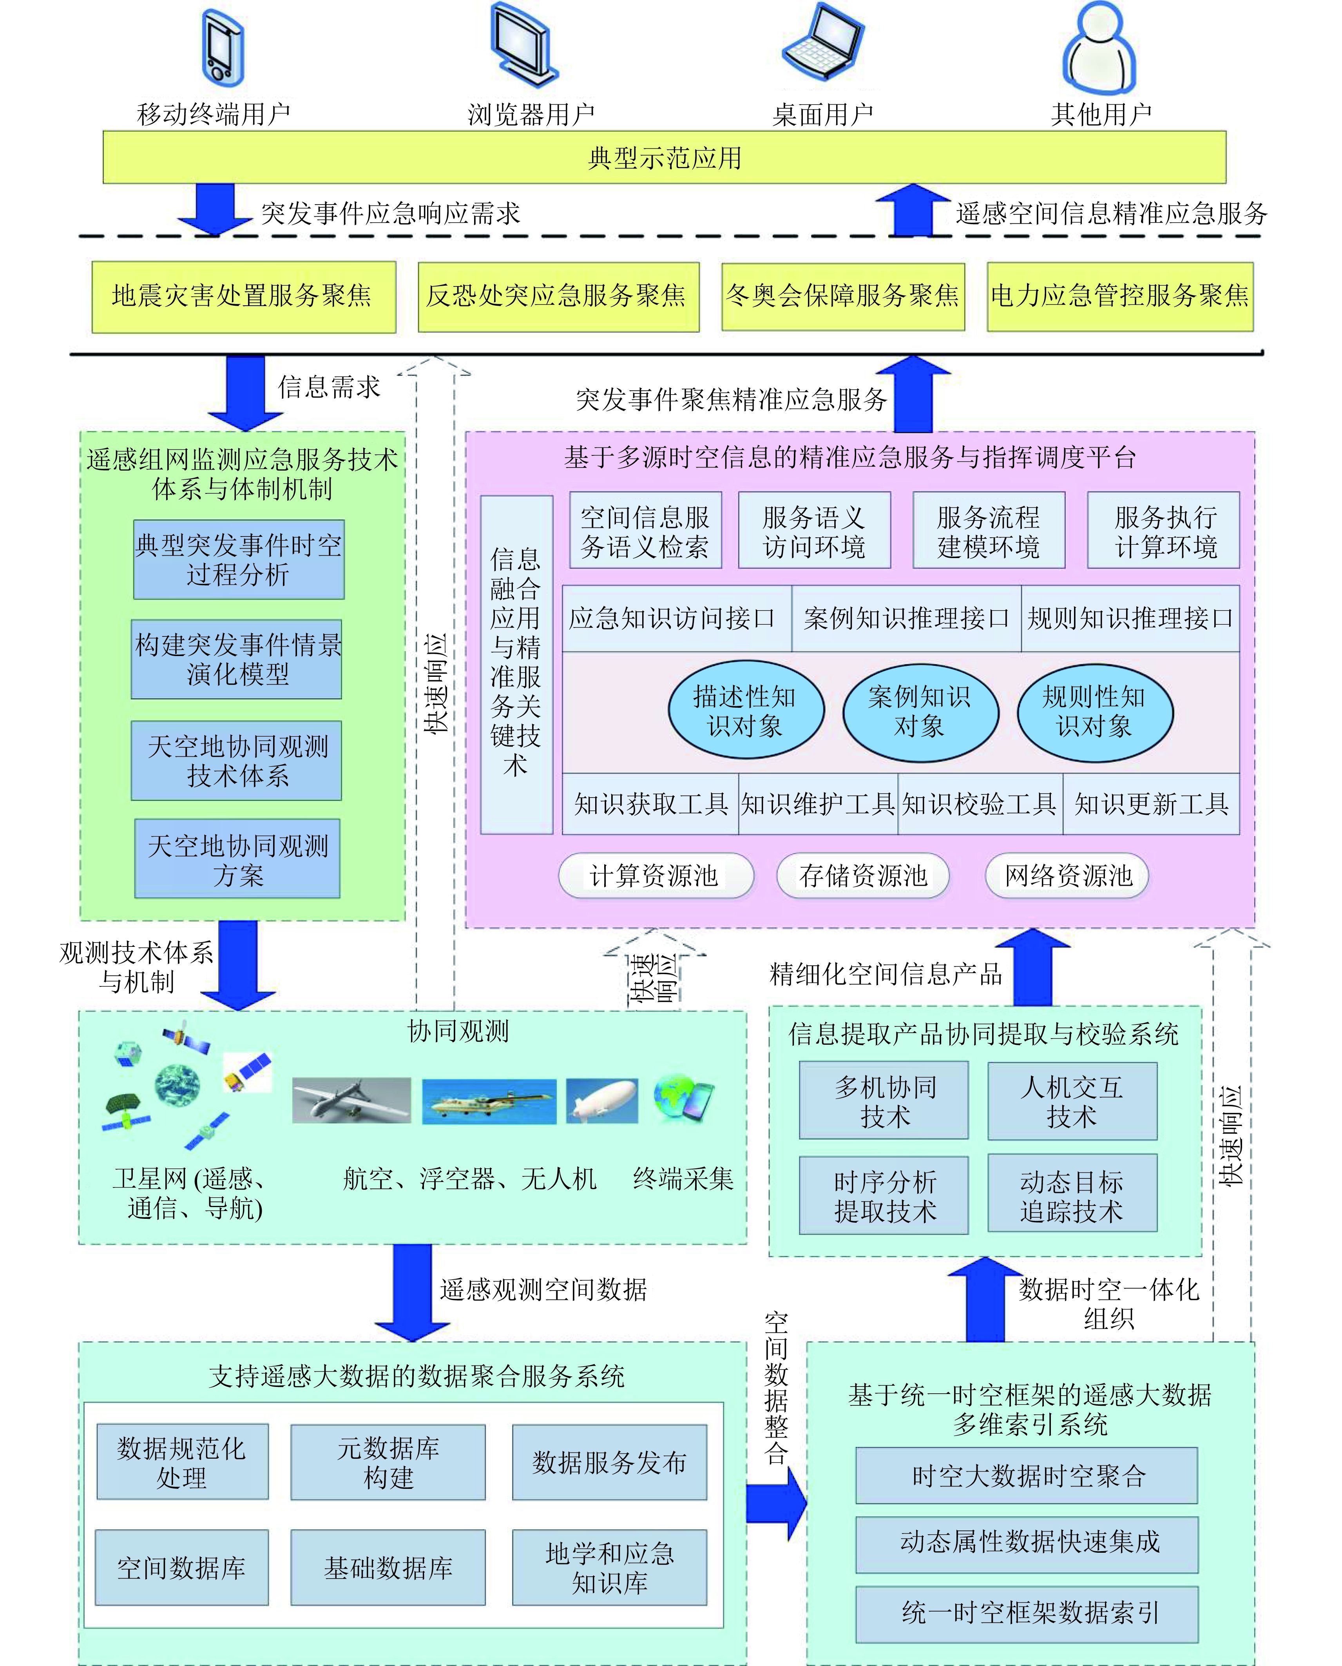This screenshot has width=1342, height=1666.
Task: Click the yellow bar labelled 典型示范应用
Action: pos(664,158)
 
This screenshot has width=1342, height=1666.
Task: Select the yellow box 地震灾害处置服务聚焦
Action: pos(243,297)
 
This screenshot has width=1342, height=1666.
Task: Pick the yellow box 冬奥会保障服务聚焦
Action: pos(842,297)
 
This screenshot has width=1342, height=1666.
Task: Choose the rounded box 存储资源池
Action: pos(863,876)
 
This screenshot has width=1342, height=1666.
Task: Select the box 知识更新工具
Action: pos(1151,805)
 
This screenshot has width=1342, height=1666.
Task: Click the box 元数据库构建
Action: pos(388,1462)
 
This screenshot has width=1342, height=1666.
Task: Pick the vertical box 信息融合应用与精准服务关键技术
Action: pos(516,664)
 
